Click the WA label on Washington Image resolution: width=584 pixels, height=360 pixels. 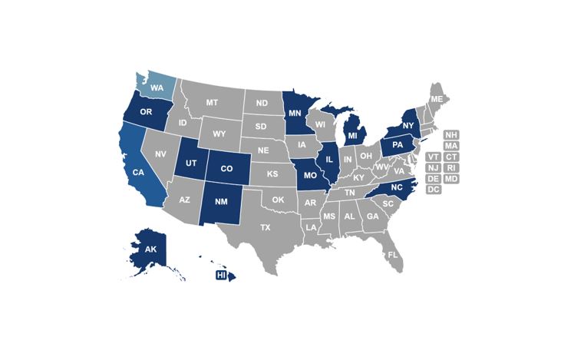click(157, 88)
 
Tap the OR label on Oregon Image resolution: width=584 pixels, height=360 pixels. click(145, 112)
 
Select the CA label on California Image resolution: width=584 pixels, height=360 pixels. click(138, 173)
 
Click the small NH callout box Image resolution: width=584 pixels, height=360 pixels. click(451, 134)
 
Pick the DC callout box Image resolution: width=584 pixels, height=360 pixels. click(433, 190)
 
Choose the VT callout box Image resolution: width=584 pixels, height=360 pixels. click(433, 157)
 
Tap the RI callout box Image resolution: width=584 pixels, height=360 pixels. click(451, 167)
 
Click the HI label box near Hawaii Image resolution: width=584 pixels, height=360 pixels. click(221, 275)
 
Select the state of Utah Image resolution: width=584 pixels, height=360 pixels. click(190, 163)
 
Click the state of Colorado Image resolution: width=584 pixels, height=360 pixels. click(226, 168)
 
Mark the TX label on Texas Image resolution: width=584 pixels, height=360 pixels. click(265, 228)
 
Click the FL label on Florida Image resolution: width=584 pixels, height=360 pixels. click(392, 254)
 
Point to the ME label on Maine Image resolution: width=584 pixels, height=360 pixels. click(437, 100)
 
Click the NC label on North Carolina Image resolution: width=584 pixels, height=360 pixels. click(397, 187)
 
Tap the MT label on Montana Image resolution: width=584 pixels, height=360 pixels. click(213, 103)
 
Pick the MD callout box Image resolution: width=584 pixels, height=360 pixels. click(451, 179)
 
